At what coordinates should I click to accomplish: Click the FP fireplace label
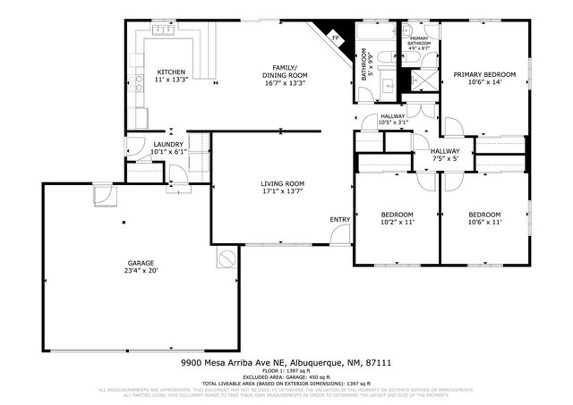click(x=337, y=38)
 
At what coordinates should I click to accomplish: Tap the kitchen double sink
click(x=164, y=30)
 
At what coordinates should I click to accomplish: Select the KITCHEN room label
click(x=172, y=72)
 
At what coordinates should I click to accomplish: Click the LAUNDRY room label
click(x=168, y=145)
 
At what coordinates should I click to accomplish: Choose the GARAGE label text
click(x=141, y=262)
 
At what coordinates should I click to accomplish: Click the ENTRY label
click(x=339, y=219)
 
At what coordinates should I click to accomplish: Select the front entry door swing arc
click(x=339, y=234)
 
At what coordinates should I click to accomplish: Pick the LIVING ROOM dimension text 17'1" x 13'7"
click(x=282, y=190)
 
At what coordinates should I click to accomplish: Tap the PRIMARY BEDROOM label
click(x=484, y=74)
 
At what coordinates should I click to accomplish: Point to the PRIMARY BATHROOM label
click(x=420, y=40)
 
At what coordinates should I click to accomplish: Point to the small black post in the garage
click(x=124, y=222)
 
